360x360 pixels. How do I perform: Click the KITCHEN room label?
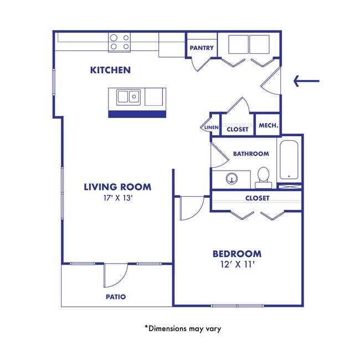pos(110,70)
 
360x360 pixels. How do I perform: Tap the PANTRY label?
pos(202,48)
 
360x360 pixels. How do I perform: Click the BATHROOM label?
pos(250,153)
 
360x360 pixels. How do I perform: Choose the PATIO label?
pos(115,297)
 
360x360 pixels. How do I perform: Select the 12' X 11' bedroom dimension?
pos(236,265)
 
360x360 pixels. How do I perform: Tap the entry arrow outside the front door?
pos(306,82)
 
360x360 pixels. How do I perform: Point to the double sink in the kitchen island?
pos(127,97)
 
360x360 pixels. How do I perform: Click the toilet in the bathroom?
pos(263,177)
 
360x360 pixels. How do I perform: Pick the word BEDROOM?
pos(236,254)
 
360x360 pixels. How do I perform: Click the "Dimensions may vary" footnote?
pos(183,328)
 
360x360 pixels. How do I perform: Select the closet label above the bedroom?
pos(257,198)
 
